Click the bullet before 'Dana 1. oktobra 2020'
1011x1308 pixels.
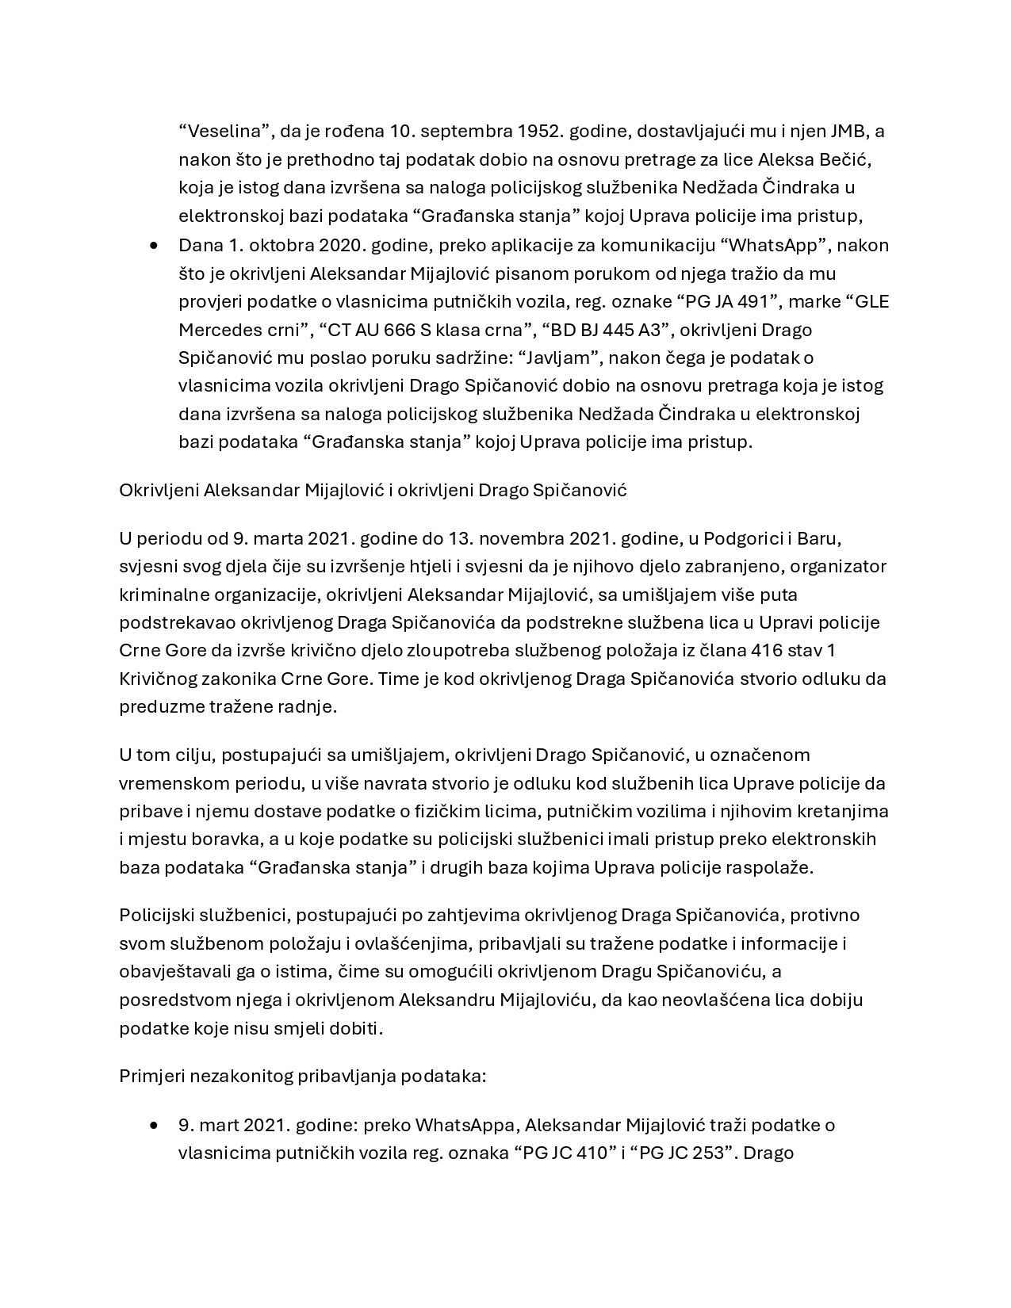(x=154, y=246)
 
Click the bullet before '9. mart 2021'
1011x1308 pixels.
(x=154, y=1126)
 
